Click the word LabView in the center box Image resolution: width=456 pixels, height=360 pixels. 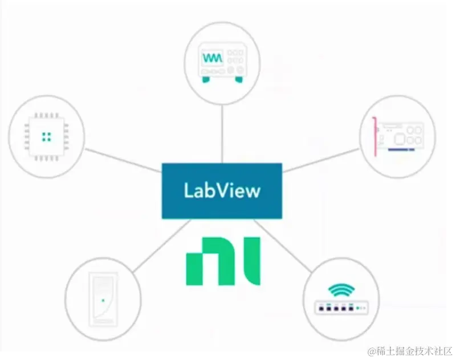pos(222,190)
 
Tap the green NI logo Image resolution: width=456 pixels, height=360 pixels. pos(223,261)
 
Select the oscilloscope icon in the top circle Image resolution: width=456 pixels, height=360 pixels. pos(223,64)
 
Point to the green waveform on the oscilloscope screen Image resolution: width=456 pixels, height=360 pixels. pos(211,58)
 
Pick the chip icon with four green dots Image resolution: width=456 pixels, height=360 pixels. pos(47,136)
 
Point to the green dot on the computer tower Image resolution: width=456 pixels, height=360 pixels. pos(103,299)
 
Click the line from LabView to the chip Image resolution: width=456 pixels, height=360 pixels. pos(123,159)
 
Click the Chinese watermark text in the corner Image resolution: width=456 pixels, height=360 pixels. pos(409,350)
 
